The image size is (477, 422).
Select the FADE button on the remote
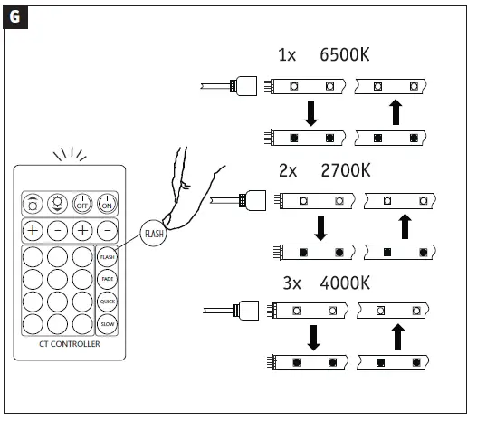[x=107, y=279]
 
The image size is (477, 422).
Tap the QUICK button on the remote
[x=107, y=301]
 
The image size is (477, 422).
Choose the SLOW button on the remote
[x=107, y=323]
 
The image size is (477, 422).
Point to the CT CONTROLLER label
[x=71, y=345]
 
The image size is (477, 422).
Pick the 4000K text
[x=346, y=283]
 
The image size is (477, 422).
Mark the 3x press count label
[x=288, y=283]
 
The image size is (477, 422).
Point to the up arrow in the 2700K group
[x=405, y=226]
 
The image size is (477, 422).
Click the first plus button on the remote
[x=33, y=231]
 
